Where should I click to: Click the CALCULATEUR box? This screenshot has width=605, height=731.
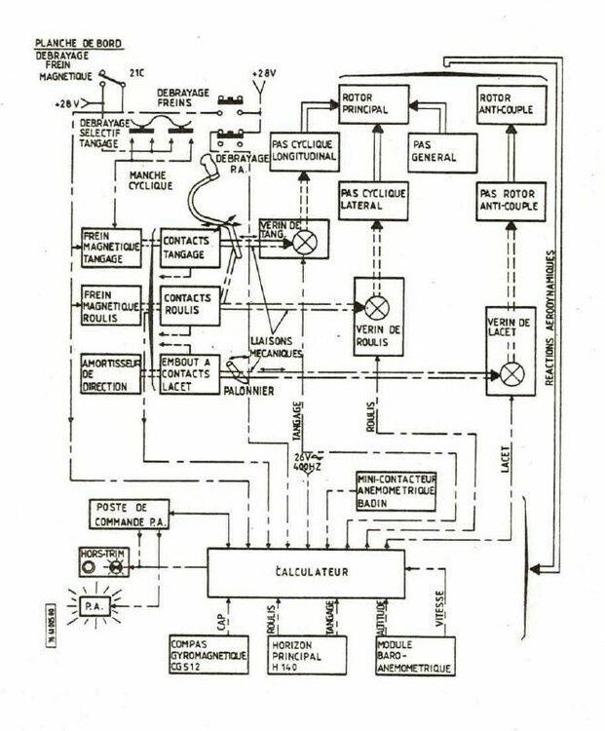pyautogui.click(x=304, y=571)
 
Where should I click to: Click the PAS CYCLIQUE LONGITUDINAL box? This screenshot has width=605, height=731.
pyautogui.click(x=304, y=153)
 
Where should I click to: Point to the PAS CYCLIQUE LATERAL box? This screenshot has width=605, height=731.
pyautogui.click(x=374, y=202)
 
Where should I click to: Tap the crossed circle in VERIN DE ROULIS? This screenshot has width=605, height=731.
pyautogui.click(x=376, y=308)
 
